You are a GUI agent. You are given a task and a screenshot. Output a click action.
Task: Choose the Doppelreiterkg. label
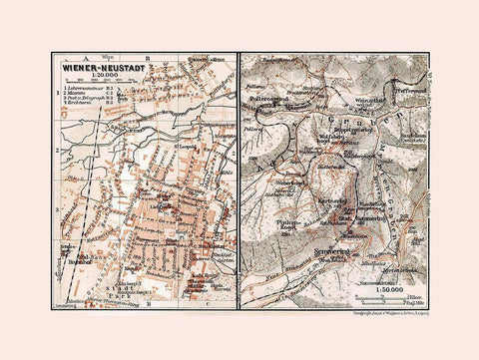(351, 130)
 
